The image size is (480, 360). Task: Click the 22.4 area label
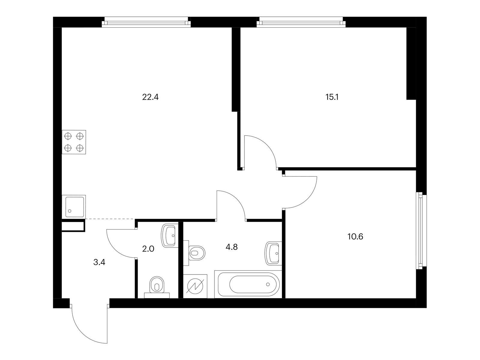click(x=150, y=97)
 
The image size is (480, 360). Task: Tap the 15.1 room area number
click(x=332, y=97)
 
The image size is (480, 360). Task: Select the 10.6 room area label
click(x=355, y=236)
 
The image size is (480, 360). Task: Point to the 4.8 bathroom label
click(x=232, y=247)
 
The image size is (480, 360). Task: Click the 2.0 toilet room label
click(x=148, y=249)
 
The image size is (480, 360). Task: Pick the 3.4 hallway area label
click(x=99, y=262)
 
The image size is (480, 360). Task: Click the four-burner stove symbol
click(x=74, y=142)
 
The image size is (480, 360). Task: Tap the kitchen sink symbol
click(x=74, y=207)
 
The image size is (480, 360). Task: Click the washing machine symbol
click(x=195, y=286)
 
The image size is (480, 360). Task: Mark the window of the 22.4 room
click(x=146, y=22)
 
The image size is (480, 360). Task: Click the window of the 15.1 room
click(x=301, y=22)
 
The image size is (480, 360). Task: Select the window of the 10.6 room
click(x=421, y=231)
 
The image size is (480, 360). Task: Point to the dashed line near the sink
click(x=110, y=219)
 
